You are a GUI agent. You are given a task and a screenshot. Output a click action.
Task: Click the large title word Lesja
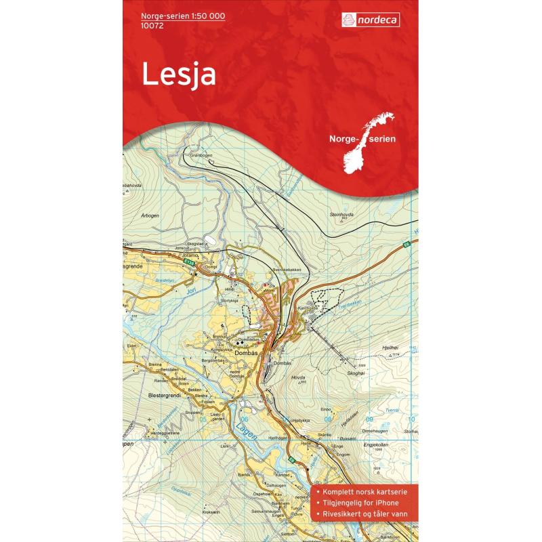coord(179,75)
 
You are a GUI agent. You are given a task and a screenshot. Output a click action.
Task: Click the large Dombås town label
coord(246,352)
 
